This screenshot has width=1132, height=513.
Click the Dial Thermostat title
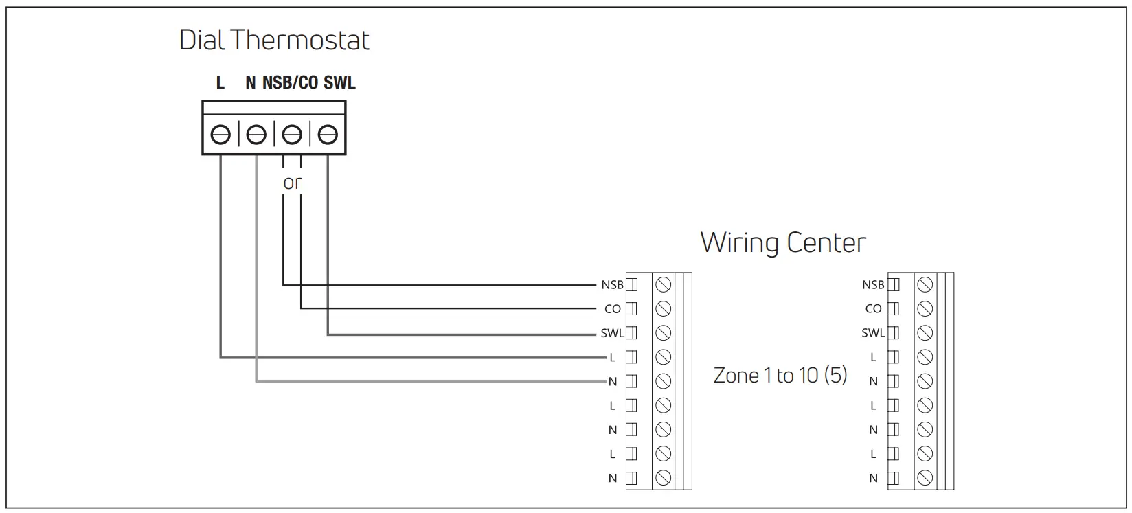click(x=274, y=41)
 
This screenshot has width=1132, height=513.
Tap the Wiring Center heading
click(x=783, y=243)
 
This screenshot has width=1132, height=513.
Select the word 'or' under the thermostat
click(x=293, y=183)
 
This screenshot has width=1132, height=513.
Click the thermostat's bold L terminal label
click(x=220, y=83)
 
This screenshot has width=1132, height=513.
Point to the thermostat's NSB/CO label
click(x=290, y=83)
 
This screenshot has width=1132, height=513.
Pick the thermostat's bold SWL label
click(x=339, y=83)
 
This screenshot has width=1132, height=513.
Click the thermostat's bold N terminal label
click(x=251, y=83)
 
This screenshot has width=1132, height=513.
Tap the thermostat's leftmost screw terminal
click(x=220, y=135)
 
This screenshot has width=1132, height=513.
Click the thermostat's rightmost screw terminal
click(x=328, y=135)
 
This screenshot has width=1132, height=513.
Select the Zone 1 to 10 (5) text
click(x=780, y=376)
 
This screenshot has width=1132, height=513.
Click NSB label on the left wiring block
click(x=612, y=285)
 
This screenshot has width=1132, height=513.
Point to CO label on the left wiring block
click(x=613, y=309)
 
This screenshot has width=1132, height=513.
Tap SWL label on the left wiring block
click(x=612, y=333)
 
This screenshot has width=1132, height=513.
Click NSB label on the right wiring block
click(x=873, y=285)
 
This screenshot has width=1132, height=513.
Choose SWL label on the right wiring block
click(x=873, y=333)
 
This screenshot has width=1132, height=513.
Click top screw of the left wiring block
click(x=663, y=285)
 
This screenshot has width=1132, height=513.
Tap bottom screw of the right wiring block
click(x=925, y=477)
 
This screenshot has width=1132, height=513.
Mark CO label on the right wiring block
click(x=873, y=309)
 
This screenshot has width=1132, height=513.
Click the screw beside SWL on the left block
click(x=663, y=333)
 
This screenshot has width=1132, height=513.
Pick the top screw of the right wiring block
click(x=925, y=285)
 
